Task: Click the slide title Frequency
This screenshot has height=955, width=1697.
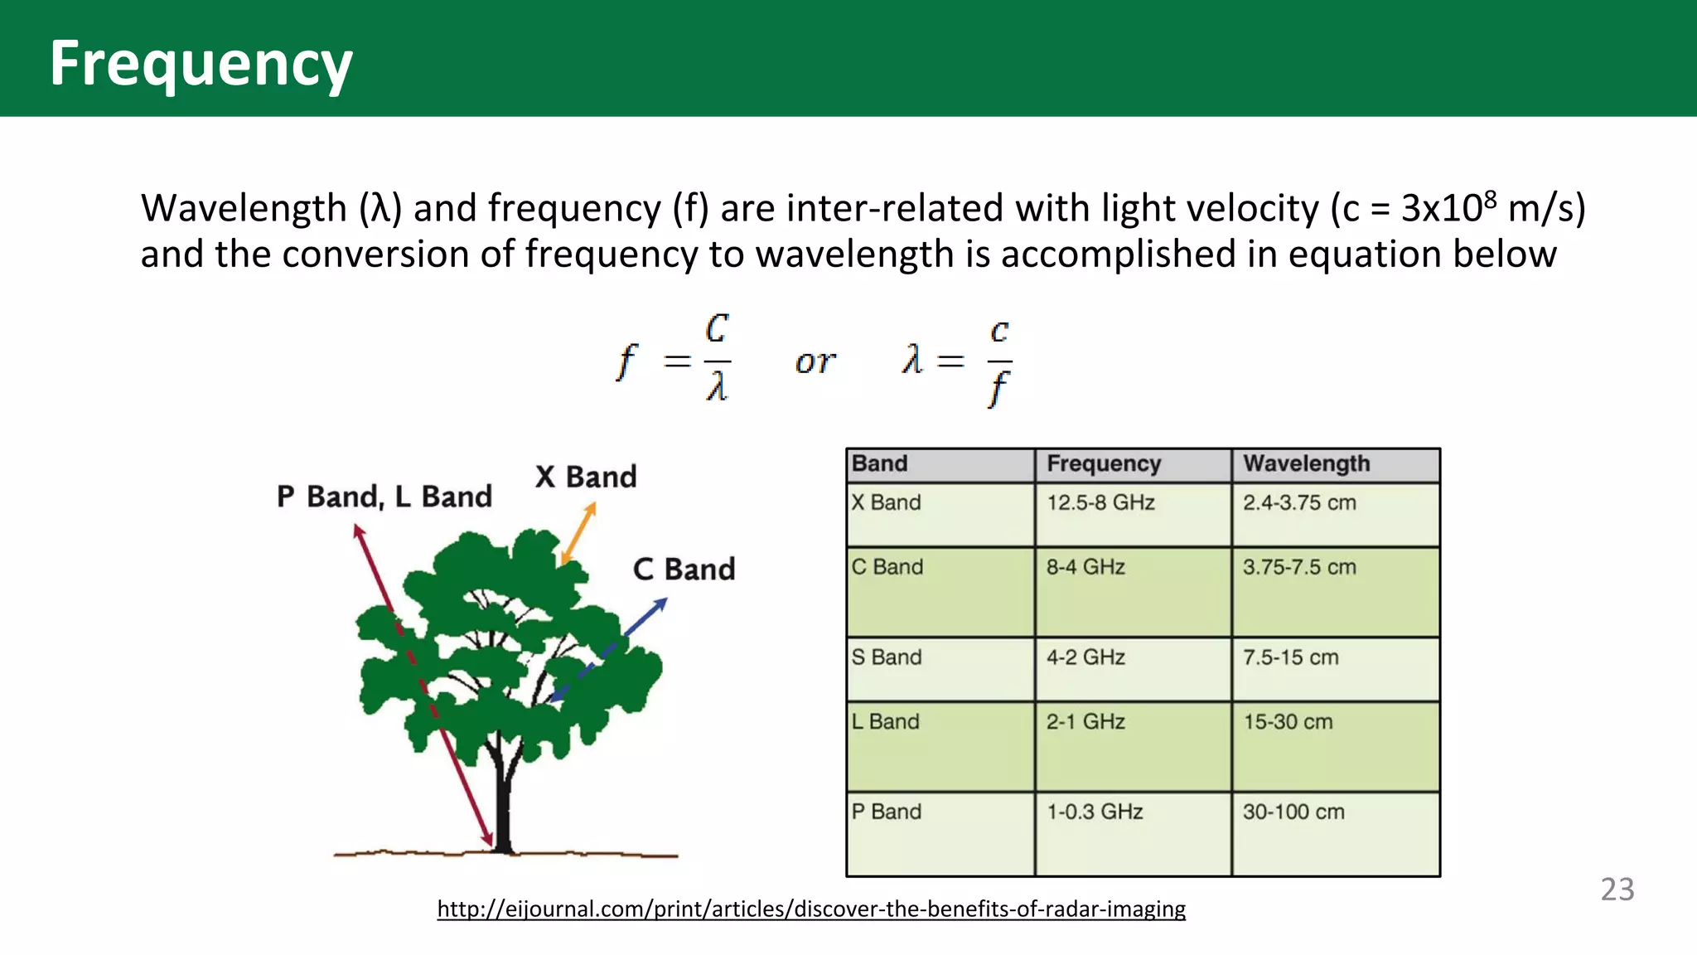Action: pos(201,64)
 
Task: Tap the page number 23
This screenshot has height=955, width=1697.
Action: pos(1617,890)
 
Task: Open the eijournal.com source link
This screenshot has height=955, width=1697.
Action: pos(811,909)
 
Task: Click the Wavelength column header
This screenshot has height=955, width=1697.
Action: pos(1306,463)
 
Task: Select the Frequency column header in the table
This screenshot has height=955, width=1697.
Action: pos(1103,463)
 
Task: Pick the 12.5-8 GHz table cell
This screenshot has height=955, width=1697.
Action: pos(1100,502)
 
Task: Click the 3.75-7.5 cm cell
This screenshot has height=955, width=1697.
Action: pos(1298,567)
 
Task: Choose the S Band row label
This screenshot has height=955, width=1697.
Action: pos(886,657)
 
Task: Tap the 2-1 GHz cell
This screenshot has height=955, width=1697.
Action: pos(1085,722)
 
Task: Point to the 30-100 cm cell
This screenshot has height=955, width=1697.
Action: pos(1293,812)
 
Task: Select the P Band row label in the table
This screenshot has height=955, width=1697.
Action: pos(886,812)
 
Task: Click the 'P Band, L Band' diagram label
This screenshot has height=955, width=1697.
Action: pos(384,497)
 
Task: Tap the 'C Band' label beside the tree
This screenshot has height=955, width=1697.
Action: pos(684,570)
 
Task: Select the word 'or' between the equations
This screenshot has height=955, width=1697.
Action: pos(815,362)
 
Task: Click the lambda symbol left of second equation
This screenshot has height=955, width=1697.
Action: pos(911,360)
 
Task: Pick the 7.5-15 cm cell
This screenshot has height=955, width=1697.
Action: pos(1290,657)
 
